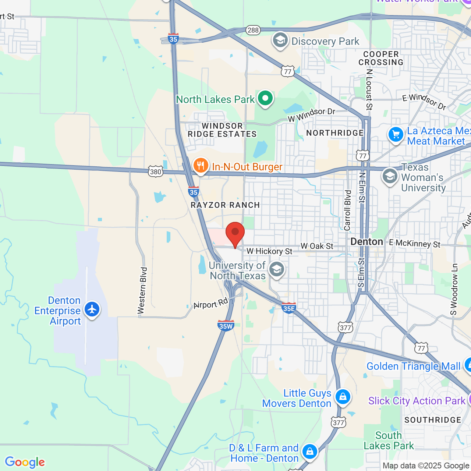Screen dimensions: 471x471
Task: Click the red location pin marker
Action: click(x=235, y=234)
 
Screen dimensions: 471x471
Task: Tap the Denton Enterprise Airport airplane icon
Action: click(x=92, y=309)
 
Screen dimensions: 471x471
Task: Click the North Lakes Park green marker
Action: click(x=265, y=98)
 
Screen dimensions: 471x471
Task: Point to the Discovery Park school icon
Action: click(x=280, y=40)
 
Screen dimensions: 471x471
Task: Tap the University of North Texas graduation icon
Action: click(x=277, y=269)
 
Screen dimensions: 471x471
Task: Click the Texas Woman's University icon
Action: click(x=390, y=176)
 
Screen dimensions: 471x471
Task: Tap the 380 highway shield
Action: click(x=156, y=171)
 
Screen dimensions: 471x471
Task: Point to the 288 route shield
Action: click(x=253, y=30)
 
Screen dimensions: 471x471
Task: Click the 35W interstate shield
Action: click(x=226, y=326)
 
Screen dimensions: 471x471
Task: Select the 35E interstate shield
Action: click(x=289, y=308)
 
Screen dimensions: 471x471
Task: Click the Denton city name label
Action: click(x=367, y=242)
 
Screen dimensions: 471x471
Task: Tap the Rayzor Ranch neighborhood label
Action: click(x=225, y=205)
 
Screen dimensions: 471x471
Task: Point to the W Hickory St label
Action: click(x=269, y=251)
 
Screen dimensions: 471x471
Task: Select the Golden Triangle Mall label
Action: click(x=414, y=366)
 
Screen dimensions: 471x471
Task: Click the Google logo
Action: click(x=25, y=462)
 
